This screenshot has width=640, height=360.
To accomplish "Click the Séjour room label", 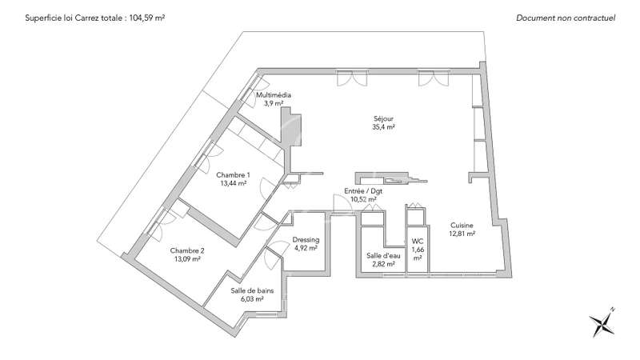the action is coord(384,118).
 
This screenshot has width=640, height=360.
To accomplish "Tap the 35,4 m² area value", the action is coord(384,127).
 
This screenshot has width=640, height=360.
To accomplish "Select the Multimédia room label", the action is coord(274,95).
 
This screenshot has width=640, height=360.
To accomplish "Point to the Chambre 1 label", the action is coord(233,175).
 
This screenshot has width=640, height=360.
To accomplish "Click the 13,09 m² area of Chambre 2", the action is coord(187,258).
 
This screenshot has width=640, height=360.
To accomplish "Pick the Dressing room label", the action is coord(306,240).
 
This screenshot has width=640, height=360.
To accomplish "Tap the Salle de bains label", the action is coord(252,290).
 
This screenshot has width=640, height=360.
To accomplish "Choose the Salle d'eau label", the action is coord(383,255).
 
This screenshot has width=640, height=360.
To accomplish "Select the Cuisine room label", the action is coord(462,226).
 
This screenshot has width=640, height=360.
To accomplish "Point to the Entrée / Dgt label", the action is coord(363,191).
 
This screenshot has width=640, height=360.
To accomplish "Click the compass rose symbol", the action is coord(602,322).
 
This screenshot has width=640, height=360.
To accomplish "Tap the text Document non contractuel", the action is coord(566,18).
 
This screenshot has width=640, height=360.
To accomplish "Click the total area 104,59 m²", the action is coord(147,18).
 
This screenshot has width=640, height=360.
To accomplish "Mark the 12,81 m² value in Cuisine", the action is coord(462,234).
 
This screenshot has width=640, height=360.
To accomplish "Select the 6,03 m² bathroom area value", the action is coord(252,298).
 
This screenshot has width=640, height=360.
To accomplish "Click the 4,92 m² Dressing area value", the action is coord(306,248).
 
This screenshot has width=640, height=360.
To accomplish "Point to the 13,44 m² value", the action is coord(233,184).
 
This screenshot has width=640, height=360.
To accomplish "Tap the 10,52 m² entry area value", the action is coord(363,199).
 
